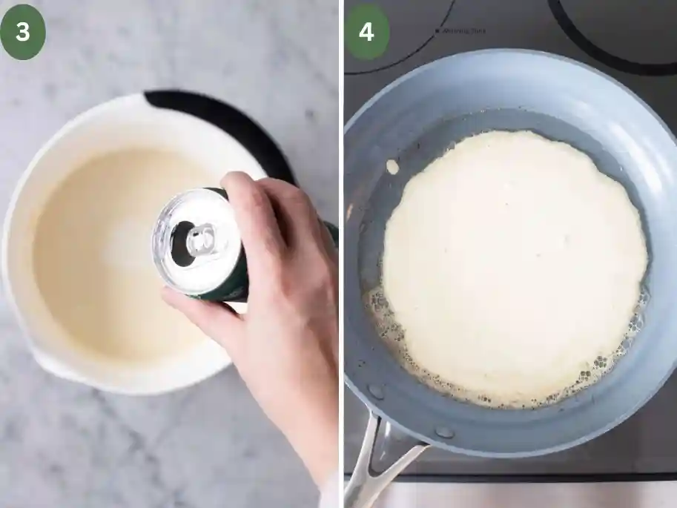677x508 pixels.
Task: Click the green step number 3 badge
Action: [23, 32]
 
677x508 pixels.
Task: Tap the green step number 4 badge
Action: [366, 32]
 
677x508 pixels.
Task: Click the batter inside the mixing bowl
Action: [96, 245]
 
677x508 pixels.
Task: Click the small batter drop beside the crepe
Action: [392, 167]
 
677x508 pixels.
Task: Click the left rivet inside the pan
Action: [376, 392]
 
